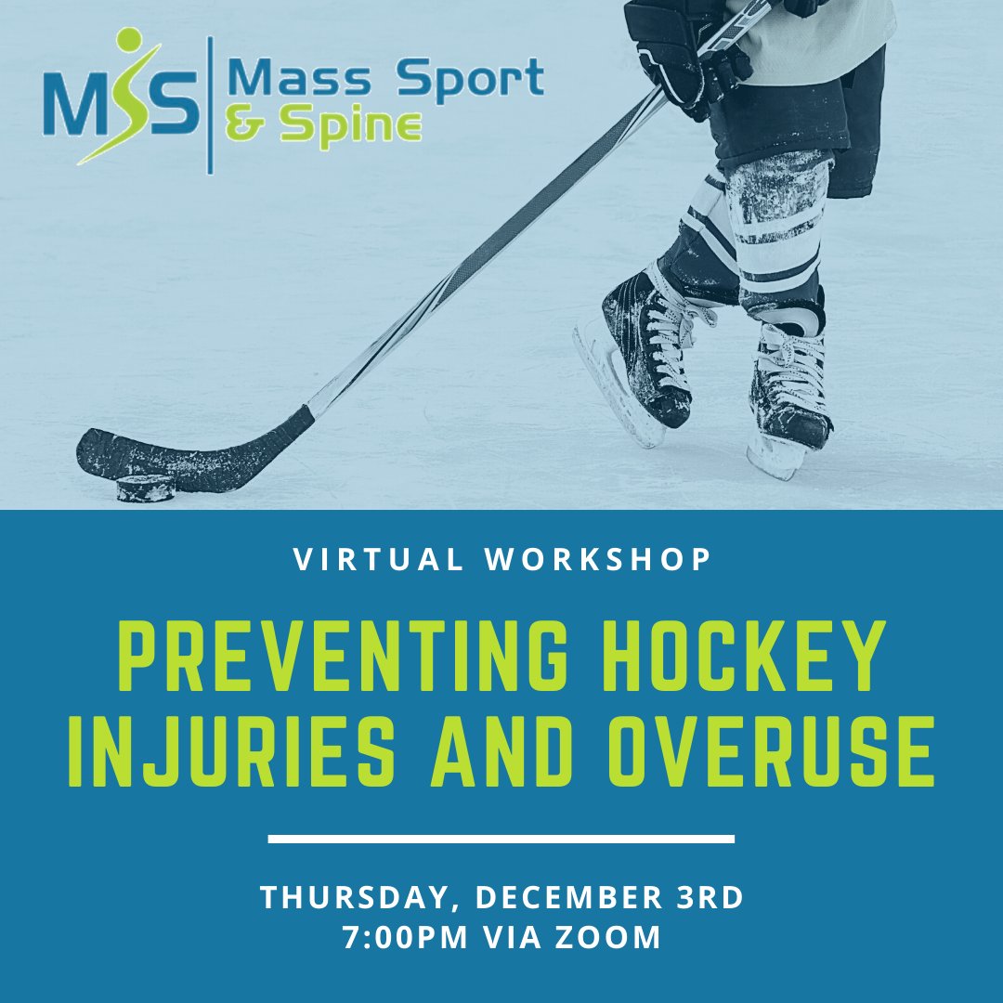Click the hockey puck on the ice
pyautogui.click(x=146, y=488)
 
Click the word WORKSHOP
pyautogui.click(x=603, y=559)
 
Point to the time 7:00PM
pyautogui.click(x=409, y=937)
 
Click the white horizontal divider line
pyautogui.click(x=501, y=840)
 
